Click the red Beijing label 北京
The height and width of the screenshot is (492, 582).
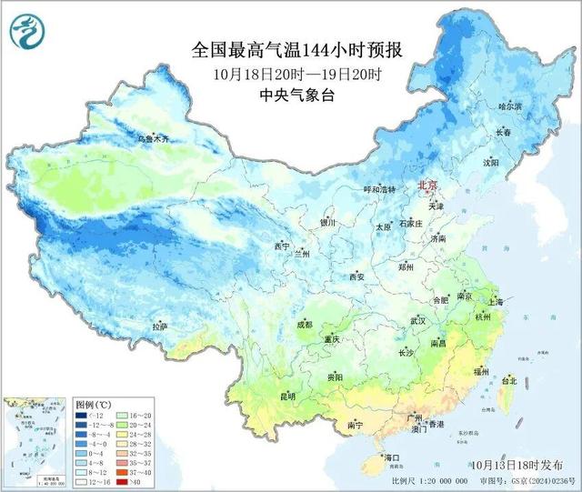(427, 185)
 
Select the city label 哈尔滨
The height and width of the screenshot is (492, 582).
(510, 106)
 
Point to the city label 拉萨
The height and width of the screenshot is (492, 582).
(159, 326)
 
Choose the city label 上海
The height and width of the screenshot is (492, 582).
(496, 302)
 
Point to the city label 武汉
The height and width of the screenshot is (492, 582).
(418, 320)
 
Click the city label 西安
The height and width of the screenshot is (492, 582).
(356, 276)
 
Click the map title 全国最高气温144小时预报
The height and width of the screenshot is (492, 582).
(296, 49)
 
